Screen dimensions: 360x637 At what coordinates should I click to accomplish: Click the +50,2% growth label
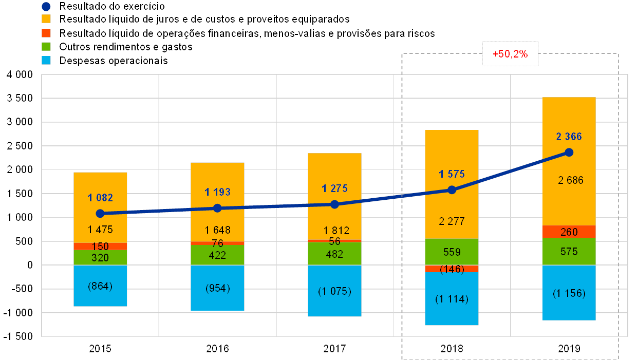[x=510, y=54]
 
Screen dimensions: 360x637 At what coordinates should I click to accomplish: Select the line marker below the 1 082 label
[x=100, y=214]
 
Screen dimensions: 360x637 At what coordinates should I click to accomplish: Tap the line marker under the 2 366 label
[x=569, y=152]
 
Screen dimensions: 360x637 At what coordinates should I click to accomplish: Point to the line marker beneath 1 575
[x=452, y=190]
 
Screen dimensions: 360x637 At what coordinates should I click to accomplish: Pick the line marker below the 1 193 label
[x=217, y=208]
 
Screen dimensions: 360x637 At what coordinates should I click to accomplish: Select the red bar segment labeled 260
[x=569, y=232]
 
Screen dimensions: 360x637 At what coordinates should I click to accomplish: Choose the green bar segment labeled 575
[x=569, y=252]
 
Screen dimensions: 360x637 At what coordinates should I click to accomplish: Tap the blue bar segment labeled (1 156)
[x=569, y=293]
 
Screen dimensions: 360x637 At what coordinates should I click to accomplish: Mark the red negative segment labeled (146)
[x=452, y=269]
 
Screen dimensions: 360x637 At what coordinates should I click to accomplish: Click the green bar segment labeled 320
[x=100, y=257]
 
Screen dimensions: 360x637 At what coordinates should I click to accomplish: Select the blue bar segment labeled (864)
[x=100, y=286]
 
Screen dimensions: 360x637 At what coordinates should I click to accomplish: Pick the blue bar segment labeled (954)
[x=217, y=288]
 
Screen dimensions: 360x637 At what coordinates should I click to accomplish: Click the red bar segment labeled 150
[x=100, y=247]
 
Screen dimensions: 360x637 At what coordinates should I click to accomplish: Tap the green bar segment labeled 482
[x=334, y=254]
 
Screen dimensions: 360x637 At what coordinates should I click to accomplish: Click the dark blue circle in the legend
[x=46, y=7]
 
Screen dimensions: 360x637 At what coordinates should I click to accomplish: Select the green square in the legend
[x=46, y=47]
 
